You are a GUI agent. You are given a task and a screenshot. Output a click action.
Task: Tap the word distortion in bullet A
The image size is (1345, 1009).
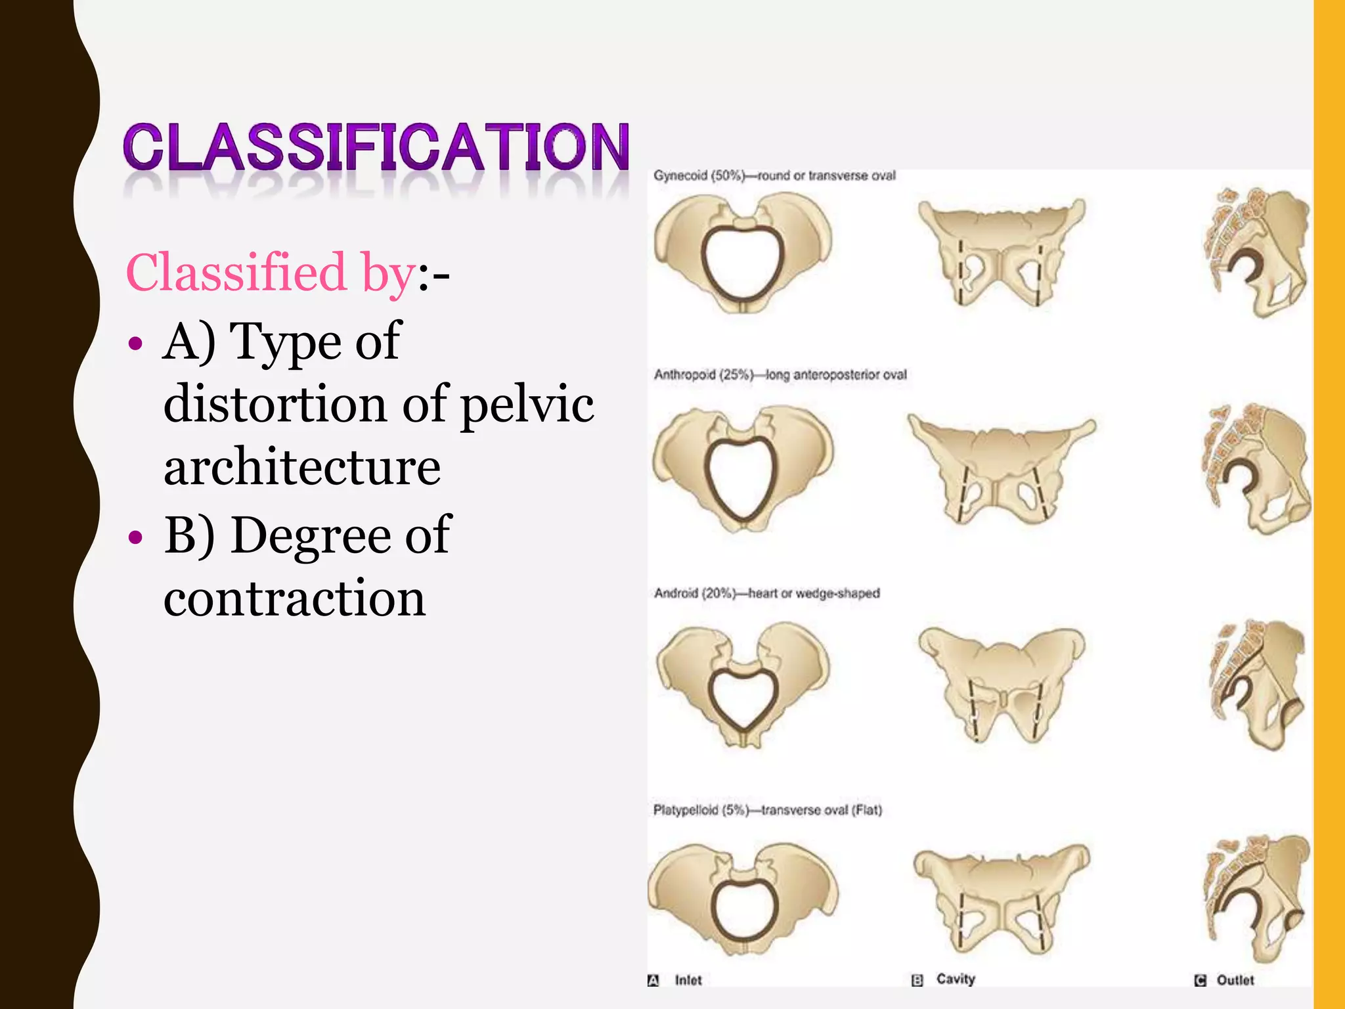(275, 403)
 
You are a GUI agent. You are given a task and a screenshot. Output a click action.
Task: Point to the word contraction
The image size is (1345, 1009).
(294, 598)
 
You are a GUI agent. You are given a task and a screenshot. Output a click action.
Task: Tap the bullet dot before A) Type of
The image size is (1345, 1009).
(135, 344)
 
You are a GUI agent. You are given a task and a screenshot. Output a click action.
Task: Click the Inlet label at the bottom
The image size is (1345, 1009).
(688, 980)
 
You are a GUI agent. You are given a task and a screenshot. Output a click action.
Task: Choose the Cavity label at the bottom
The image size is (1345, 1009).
(955, 979)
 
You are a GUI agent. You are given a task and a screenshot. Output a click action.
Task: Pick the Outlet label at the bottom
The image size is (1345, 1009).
(1235, 980)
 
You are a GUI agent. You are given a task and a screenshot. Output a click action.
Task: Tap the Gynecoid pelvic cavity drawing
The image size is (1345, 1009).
(1001, 254)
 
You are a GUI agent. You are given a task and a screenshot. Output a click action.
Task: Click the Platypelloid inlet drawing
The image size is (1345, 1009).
(742, 900)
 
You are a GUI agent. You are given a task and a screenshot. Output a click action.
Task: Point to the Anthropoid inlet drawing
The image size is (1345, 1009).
(742, 470)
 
